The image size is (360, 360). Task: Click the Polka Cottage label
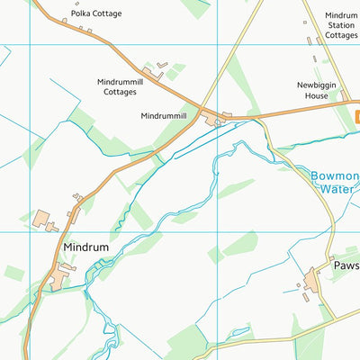(x=96, y=13)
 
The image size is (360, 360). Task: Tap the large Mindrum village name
(x=85, y=246)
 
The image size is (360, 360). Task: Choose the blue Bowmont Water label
(x=335, y=183)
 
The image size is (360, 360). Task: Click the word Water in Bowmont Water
(x=336, y=190)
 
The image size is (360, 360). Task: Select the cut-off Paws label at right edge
(x=346, y=266)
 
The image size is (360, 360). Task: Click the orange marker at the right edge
(x=356, y=115)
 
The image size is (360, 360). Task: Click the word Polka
(x=83, y=13)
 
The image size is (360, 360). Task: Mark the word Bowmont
(x=335, y=176)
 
